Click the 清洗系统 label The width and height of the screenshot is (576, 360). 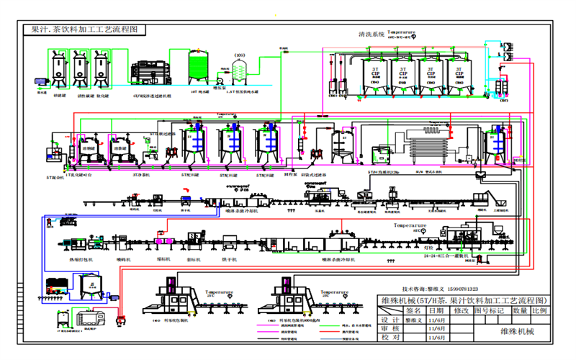(x=372, y=34)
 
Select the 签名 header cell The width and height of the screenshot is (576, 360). (x=413, y=310)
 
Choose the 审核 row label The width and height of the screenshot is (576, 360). (x=390, y=328)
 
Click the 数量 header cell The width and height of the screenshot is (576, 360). (x=520, y=310)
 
